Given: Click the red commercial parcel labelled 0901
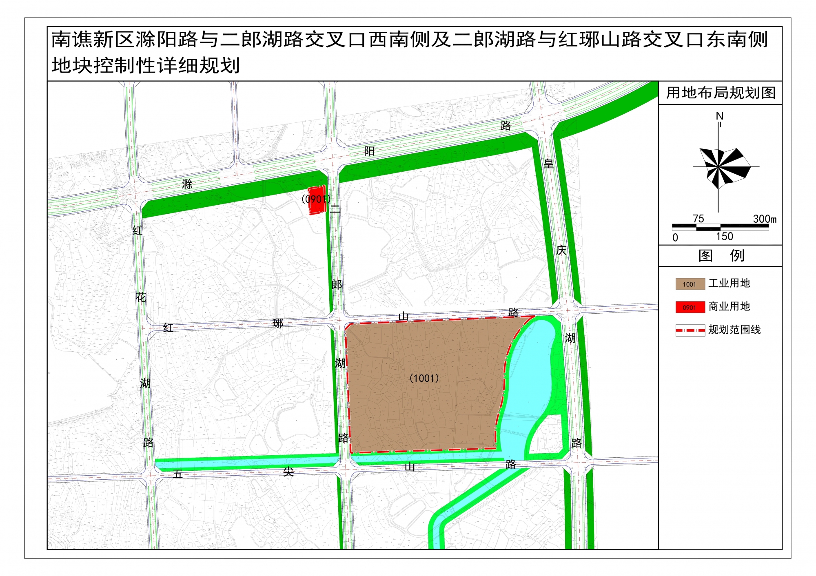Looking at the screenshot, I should tap(316, 200).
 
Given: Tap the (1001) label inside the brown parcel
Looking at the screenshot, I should tap(424, 378).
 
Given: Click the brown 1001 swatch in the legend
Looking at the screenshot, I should tap(690, 284).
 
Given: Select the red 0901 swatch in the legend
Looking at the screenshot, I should tap(690, 307).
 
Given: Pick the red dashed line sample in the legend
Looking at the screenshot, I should tap(690, 330).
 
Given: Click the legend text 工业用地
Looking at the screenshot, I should tap(729, 283).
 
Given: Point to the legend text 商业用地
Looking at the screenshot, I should tap(729, 306).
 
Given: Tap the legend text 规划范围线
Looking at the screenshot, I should tap(734, 330).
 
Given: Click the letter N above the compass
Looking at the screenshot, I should tap(720, 116).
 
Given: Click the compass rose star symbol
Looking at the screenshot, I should tap(721, 167).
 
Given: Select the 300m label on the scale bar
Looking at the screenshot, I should tap(765, 219).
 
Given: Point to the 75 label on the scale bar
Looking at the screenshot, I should tap(698, 219).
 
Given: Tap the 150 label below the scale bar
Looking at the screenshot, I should tap(724, 237).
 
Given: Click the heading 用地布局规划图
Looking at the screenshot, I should tap(721, 93).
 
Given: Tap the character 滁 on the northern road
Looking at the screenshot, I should tap(187, 184).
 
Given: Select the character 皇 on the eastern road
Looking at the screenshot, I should tap(549, 164).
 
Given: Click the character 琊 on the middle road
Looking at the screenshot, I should tap(278, 323).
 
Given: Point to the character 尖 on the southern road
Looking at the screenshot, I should tap(288, 472).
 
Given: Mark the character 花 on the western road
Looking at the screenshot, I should tap(141, 297).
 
